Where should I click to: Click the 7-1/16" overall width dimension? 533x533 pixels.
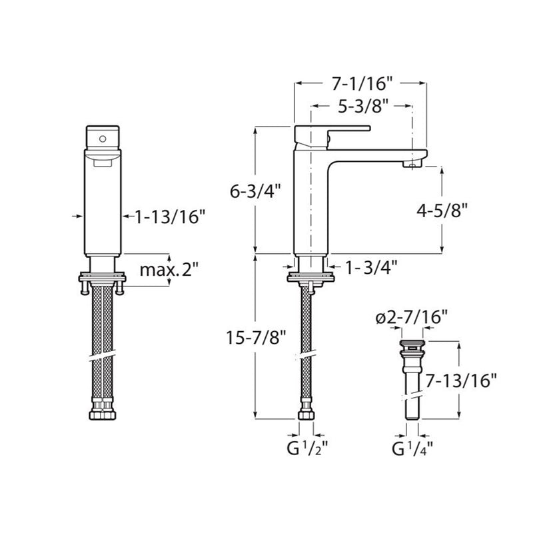pyautogui.click(x=362, y=84)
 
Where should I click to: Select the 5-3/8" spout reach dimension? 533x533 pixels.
pyautogui.click(x=362, y=107)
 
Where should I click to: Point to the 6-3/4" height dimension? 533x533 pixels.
pyautogui.click(x=255, y=191)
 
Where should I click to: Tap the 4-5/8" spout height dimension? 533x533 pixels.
pyautogui.click(x=442, y=211)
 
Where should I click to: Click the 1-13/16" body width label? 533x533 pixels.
pyautogui.click(x=171, y=217)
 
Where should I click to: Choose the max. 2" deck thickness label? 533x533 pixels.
pyautogui.click(x=169, y=270)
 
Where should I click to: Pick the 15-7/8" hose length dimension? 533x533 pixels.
pyautogui.click(x=257, y=338)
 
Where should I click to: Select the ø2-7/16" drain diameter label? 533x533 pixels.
pyautogui.click(x=411, y=318)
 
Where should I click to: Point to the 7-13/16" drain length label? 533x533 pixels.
pyautogui.click(x=461, y=380)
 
